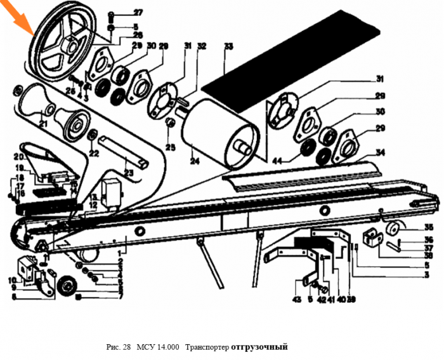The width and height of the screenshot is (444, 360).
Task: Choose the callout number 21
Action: click(44, 123)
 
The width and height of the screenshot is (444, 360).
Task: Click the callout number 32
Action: click(202, 46)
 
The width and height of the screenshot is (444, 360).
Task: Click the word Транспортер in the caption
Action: click(209, 347)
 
